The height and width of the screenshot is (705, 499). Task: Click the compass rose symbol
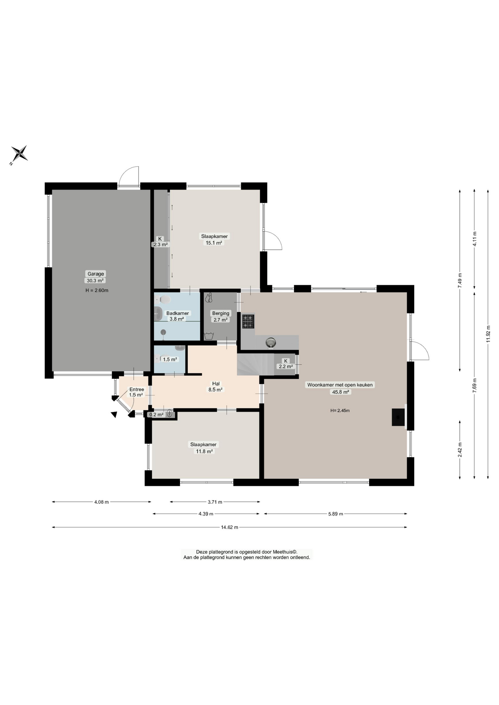pos(19,153)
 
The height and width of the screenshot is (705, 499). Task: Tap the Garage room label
pos(96,274)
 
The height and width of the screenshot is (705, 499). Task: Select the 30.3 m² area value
pos(95,281)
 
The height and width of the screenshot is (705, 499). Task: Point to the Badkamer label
pos(177,313)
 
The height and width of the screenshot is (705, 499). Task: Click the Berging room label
pos(220,313)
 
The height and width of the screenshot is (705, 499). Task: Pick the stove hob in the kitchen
pos(248,321)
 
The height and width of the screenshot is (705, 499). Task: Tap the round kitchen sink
pos(271,343)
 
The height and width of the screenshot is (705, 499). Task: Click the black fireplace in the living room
pos(398,417)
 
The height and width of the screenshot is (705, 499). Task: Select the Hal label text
pos(216,383)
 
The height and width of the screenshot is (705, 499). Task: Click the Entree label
pos(137,389)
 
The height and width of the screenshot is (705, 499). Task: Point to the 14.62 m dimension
pos(229,527)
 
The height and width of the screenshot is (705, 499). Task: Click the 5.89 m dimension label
pos(335,514)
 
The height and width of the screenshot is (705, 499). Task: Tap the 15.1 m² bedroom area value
pos(214,243)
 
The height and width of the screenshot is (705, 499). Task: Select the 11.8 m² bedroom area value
pos(204,451)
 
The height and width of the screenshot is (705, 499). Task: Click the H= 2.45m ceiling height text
pos(340,411)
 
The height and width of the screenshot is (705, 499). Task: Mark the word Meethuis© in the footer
pos(285,552)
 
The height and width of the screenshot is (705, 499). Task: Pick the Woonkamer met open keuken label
pos(340,385)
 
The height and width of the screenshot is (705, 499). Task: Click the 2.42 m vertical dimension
pos(460,450)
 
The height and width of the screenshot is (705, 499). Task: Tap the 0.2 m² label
pos(156,415)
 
